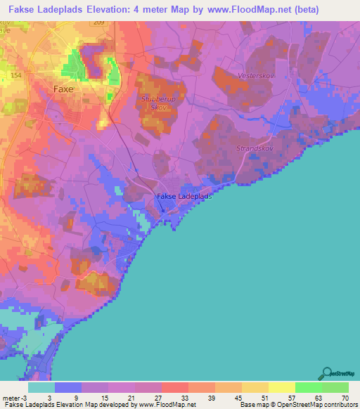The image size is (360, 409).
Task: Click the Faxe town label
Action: click(64, 89)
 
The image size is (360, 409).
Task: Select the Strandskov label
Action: click(253, 149)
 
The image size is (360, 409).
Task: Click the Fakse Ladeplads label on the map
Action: click(184, 196)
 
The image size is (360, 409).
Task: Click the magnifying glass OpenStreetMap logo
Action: click(326, 374)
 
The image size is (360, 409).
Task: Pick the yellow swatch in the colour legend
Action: click(282, 387)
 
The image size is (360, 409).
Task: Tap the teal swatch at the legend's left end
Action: click(41, 387)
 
